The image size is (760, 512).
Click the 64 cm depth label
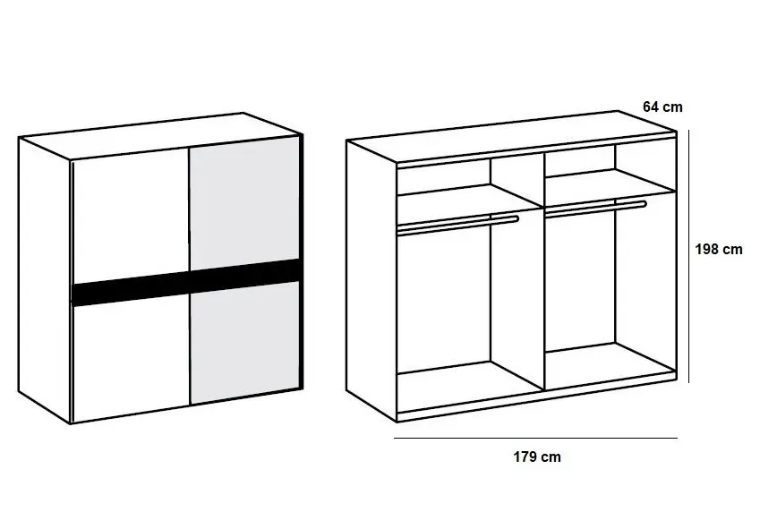click(662, 107)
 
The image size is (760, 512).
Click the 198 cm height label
click(718, 249)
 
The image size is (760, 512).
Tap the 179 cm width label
click(536, 457)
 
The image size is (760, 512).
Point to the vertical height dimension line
click(688, 256)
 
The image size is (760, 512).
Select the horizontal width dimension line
click(535, 439)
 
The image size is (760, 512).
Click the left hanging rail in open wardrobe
click(457, 225)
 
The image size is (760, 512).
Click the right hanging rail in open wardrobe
click(595, 209)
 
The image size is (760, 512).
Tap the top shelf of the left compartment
click(468, 197)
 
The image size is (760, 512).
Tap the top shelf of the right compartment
click(611, 187)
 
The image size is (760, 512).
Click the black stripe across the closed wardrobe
click(186, 283)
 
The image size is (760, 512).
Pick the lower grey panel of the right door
click(244, 343)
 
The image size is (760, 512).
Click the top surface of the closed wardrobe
click(160, 135)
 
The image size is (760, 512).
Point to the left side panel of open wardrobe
click(371, 280)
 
